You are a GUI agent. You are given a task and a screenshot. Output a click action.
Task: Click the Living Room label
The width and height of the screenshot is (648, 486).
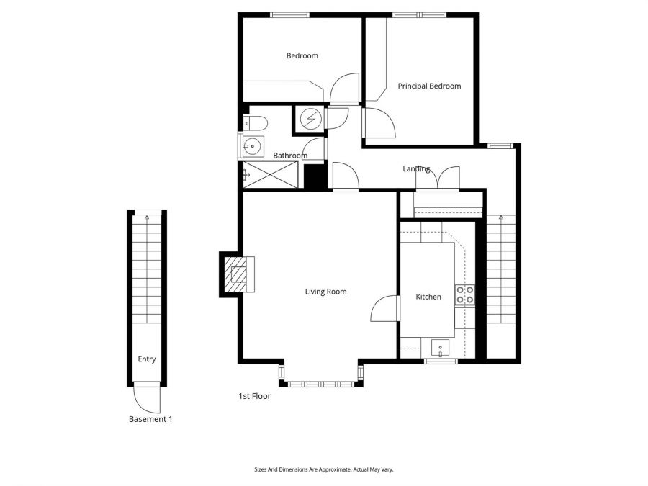[x=325, y=292]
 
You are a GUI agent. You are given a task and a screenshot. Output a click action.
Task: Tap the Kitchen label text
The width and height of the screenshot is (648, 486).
[x=428, y=297]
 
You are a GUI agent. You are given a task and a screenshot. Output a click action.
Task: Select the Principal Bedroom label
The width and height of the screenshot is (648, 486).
[x=429, y=86]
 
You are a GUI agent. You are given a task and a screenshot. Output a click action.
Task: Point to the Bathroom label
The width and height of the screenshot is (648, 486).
[x=290, y=156]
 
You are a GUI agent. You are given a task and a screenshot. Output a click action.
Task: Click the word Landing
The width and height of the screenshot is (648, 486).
[x=416, y=169]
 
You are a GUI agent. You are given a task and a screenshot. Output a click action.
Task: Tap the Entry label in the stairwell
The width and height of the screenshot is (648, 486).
[x=147, y=359]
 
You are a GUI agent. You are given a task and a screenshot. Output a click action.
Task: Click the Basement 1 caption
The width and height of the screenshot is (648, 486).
[x=150, y=419]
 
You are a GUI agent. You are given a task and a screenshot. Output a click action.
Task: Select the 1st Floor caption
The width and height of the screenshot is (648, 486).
[x=254, y=396]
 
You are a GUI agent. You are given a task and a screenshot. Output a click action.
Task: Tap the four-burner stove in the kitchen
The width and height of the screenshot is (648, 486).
[x=464, y=294]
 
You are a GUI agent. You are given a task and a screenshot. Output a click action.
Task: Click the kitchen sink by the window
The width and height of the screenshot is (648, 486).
[x=440, y=349]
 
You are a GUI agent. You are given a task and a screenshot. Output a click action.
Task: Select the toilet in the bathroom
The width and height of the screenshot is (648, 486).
[x=255, y=122]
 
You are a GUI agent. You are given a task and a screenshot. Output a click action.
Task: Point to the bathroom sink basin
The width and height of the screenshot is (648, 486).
[x=251, y=147]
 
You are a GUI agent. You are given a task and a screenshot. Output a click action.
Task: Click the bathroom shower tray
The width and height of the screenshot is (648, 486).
[x=270, y=174]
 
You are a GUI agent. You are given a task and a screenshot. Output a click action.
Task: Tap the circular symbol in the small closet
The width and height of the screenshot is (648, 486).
[x=310, y=120]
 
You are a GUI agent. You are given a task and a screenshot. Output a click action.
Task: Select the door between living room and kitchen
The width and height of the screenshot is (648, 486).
[x=386, y=308]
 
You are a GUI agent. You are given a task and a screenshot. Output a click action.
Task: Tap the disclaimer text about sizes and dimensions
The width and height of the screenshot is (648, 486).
[x=323, y=469]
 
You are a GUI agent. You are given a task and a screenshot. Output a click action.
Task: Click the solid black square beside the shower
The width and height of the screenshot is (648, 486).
[x=312, y=175]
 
